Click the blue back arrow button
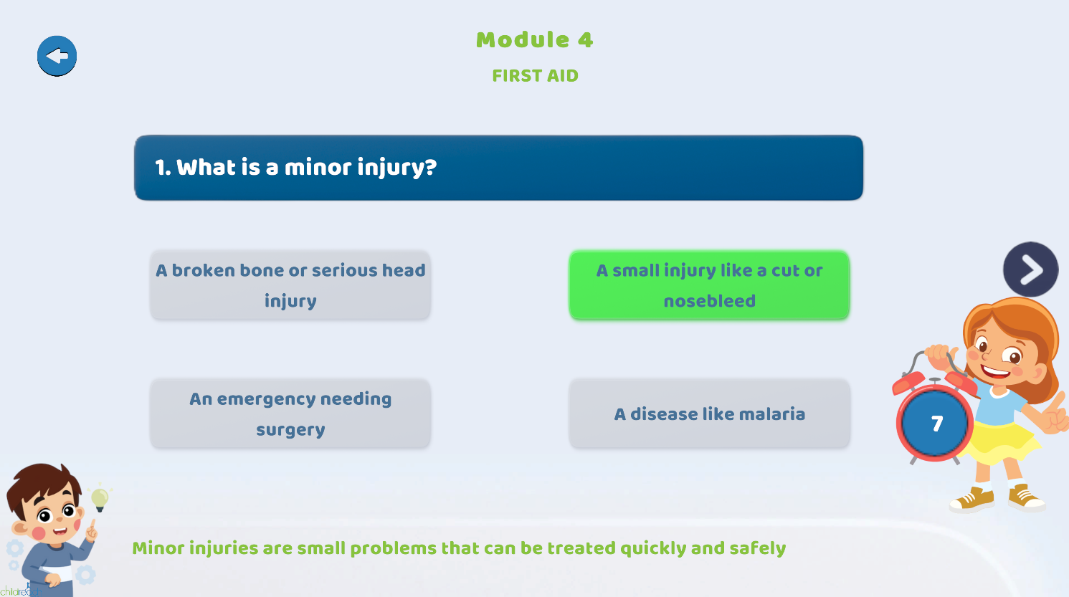tap(57, 56)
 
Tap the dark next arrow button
tap(1031, 269)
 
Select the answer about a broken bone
tap(290, 285)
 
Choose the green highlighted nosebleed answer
tap(709, 285)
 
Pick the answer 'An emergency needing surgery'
tap(290, 414)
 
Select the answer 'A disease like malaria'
tap(709, 414)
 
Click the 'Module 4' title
tap(535, 39)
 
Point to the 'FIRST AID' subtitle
tap(535, 75)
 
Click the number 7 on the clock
tap(937, 424)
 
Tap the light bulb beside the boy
tap(100, 498)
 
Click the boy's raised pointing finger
tap(92, 525)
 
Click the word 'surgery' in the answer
tap(290, 430)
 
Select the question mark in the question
tap(429, 167)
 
